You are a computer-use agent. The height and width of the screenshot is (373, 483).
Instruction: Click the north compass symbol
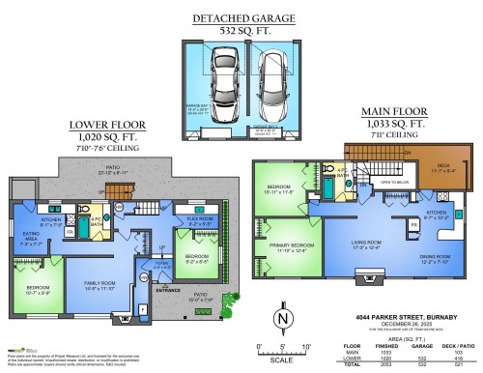point(281,317)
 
